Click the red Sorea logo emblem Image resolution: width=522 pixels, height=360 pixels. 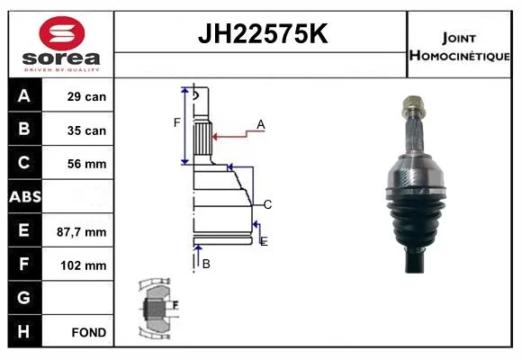62,33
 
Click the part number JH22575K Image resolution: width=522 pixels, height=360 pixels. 263,33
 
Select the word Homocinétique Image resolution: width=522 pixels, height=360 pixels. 459,56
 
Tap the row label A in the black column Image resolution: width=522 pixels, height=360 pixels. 24,96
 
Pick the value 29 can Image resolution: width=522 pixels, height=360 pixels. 86,96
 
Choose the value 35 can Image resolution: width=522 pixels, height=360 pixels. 86,130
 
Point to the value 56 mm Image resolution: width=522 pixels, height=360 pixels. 87,164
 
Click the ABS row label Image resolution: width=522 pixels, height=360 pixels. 25,197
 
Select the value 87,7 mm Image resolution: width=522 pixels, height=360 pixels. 82,232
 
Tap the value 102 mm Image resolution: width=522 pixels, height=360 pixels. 84,265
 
